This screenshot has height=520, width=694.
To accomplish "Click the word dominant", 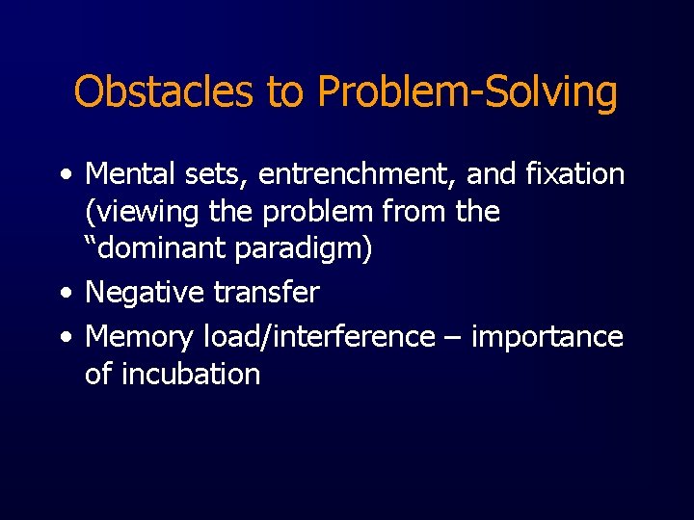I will pyautogui.click(x=164, y=249).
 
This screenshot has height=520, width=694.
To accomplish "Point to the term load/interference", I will pyautogui.click(x=319, y=336).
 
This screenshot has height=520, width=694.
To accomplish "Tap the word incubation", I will pyautogui.click(x=191, y=374).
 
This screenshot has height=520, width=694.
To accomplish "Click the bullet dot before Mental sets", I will pyautogui.click(x=64, y=176).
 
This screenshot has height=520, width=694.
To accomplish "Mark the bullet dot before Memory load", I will pyautogui.click(x=64, y=338).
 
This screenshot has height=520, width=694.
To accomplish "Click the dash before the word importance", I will pyautogui.click(x=454, y=338).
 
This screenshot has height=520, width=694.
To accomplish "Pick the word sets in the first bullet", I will pyautogui.click(x=225, y=175).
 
